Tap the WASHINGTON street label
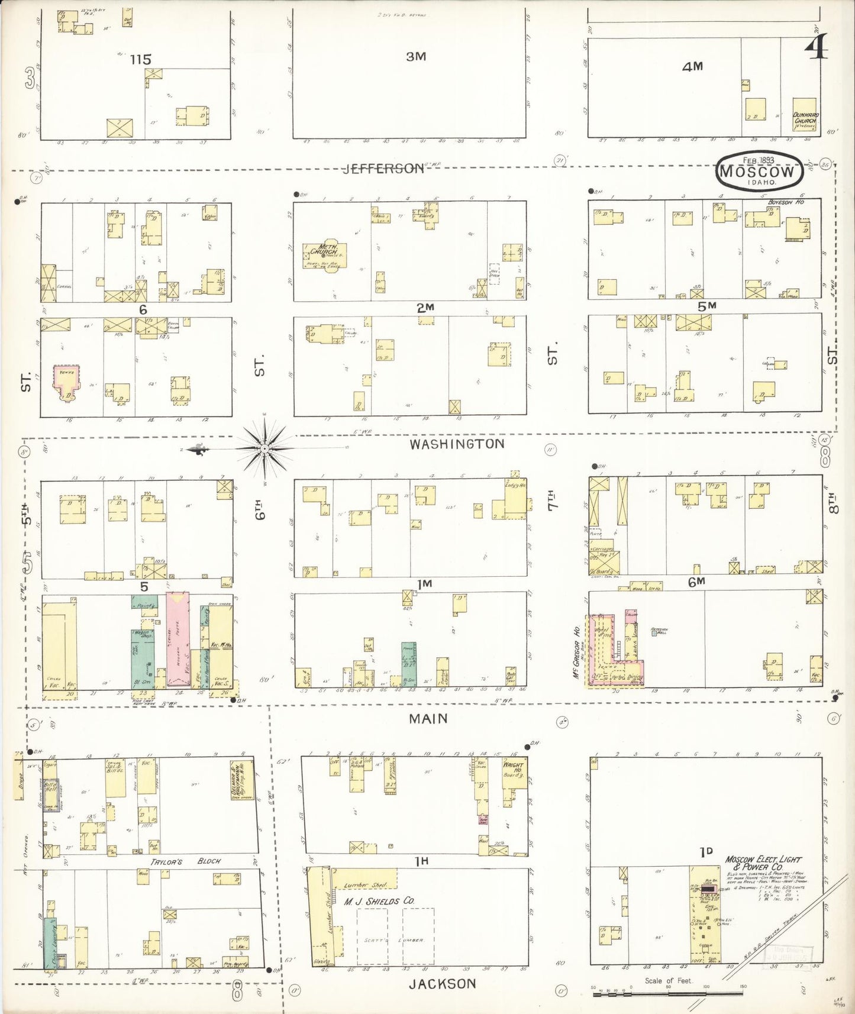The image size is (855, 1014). (457, 444)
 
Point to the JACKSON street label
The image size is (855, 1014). (441, 983)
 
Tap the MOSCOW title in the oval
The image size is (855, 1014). (758, 171)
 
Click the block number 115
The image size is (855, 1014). (141, 59)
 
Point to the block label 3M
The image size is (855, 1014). (416, 57)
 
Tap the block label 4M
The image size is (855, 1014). (692, 67)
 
